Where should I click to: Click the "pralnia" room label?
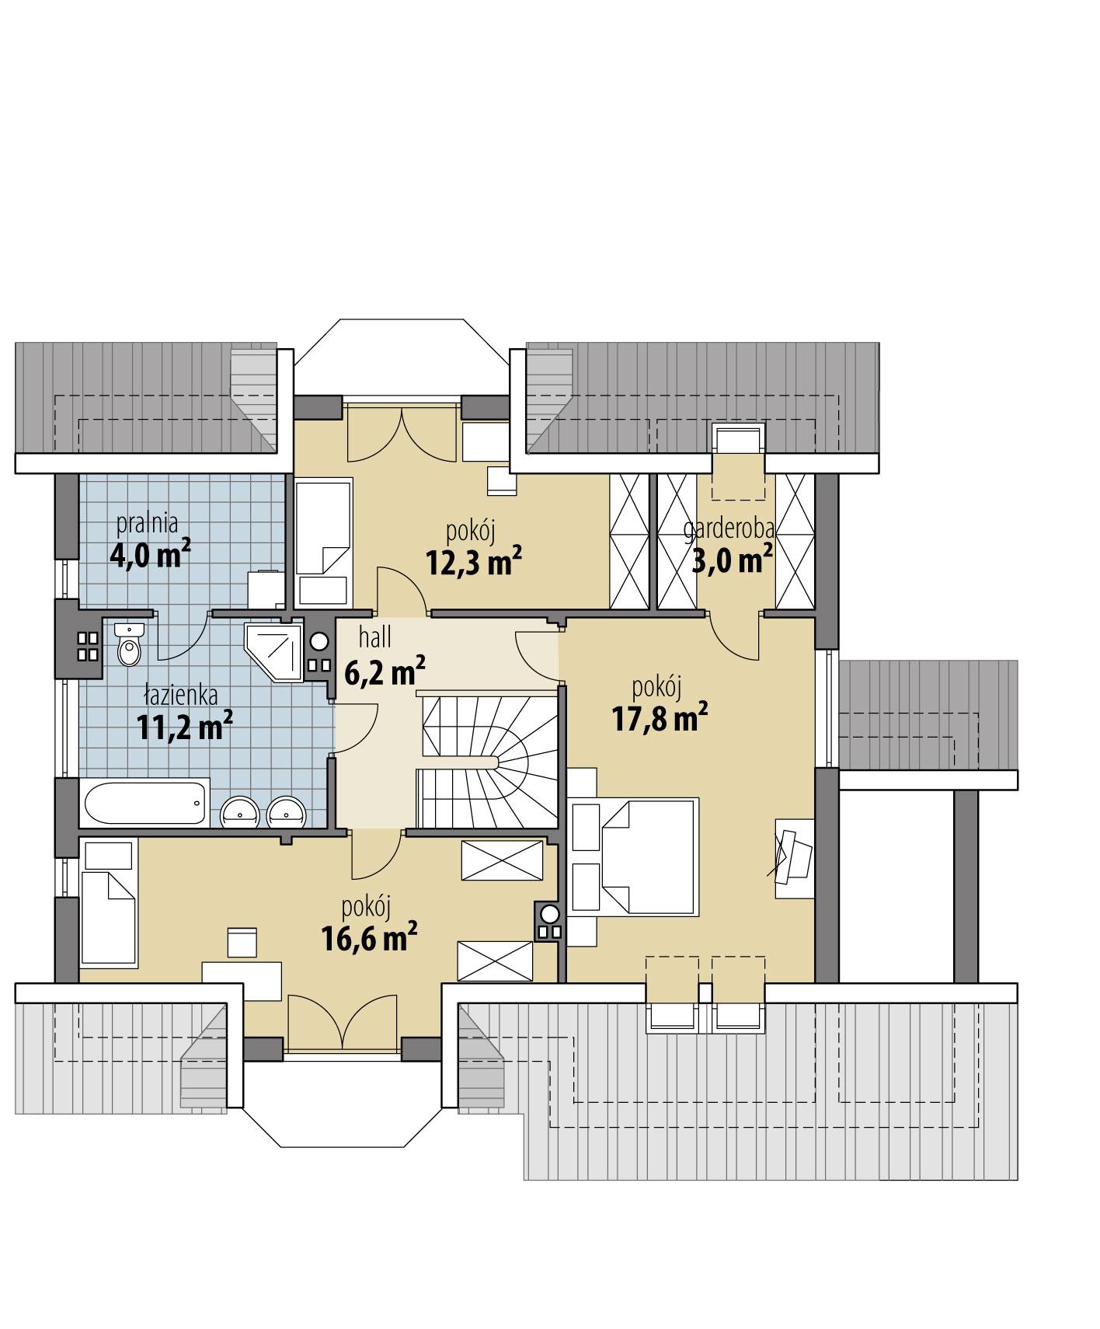[x=148, y=524]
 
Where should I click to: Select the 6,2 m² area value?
[x=384, y=671]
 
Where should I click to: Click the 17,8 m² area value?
[x=660, y=719]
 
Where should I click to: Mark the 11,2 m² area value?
[x=185, y=727]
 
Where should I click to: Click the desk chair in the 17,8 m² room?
[x=792, y=856]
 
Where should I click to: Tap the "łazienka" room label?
[x=181, y=694]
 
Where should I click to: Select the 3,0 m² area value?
[x=732, y=560]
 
